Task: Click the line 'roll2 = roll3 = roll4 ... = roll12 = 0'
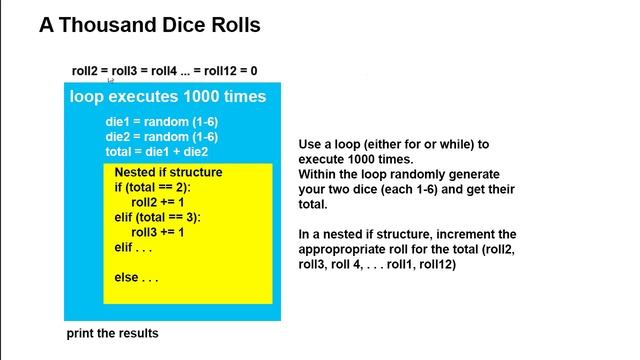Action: [x=164, y=71]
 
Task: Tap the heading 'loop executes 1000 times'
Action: [x=167, y=97]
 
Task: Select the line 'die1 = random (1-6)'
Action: [x=161, y=122]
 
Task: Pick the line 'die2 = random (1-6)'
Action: [x=161, y=137]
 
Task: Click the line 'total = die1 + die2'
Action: [x=156, y=152]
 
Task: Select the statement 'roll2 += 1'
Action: [x=158, y=202]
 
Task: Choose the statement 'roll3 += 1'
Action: [x=158, y=232]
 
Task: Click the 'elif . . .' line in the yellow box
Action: [x=136, y=247]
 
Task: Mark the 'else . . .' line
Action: [x=136, y=277]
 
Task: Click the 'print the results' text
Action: [x=112, y=333]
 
